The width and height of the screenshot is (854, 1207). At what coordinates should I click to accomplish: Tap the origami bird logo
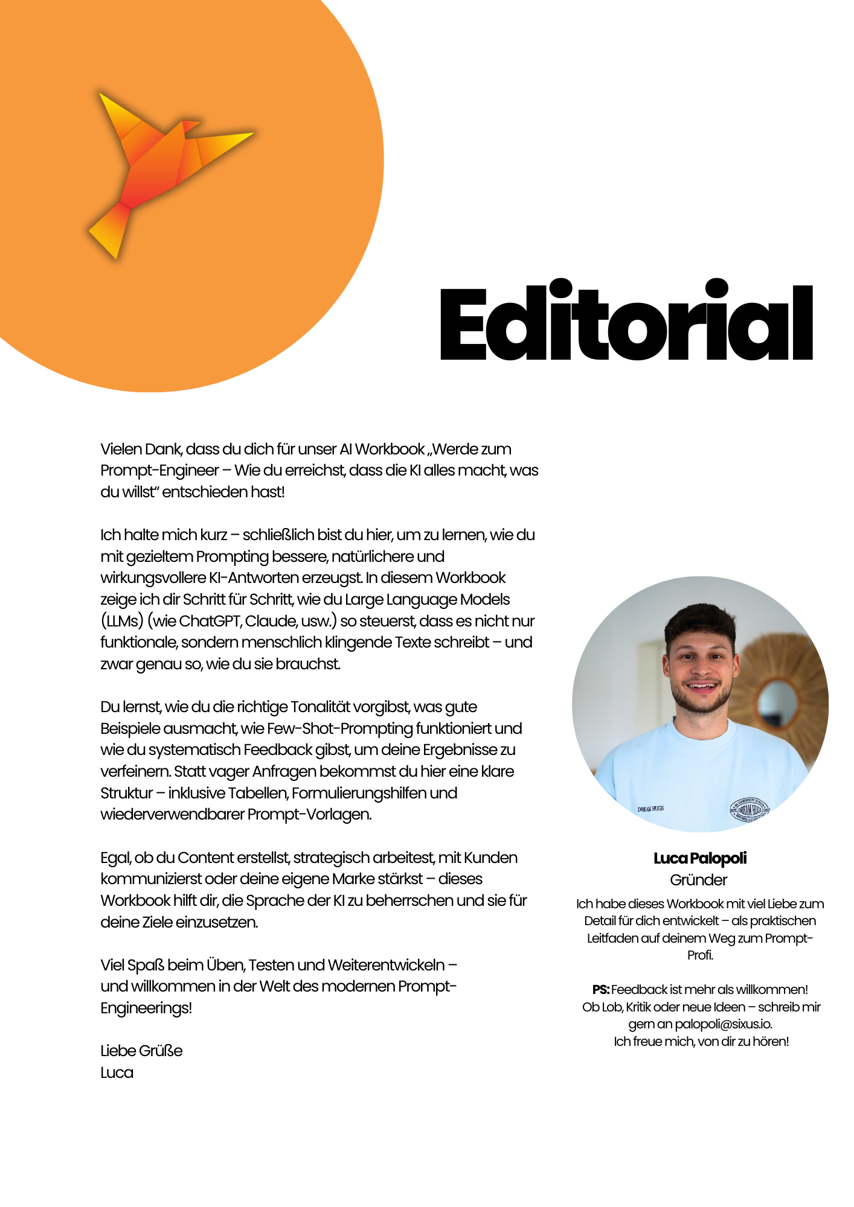coord(163,172)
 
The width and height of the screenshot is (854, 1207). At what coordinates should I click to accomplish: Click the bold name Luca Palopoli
coord(700,858)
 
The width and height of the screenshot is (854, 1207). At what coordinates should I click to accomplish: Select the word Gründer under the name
coord(699,880)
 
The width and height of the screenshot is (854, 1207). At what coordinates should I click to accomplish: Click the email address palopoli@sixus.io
coord(723,1024)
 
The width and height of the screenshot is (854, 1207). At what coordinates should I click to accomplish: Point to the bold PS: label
coord(601,990)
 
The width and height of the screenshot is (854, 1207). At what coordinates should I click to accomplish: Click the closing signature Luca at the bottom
coord(117,1072)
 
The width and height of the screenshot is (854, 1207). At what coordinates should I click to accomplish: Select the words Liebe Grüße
coord(141,1051)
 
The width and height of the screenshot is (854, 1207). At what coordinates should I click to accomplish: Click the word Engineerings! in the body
coord(146,1008)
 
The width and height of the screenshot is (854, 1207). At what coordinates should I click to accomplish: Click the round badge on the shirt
coord(750,810)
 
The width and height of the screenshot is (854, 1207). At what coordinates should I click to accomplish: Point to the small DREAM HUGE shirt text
coord(650,809)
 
